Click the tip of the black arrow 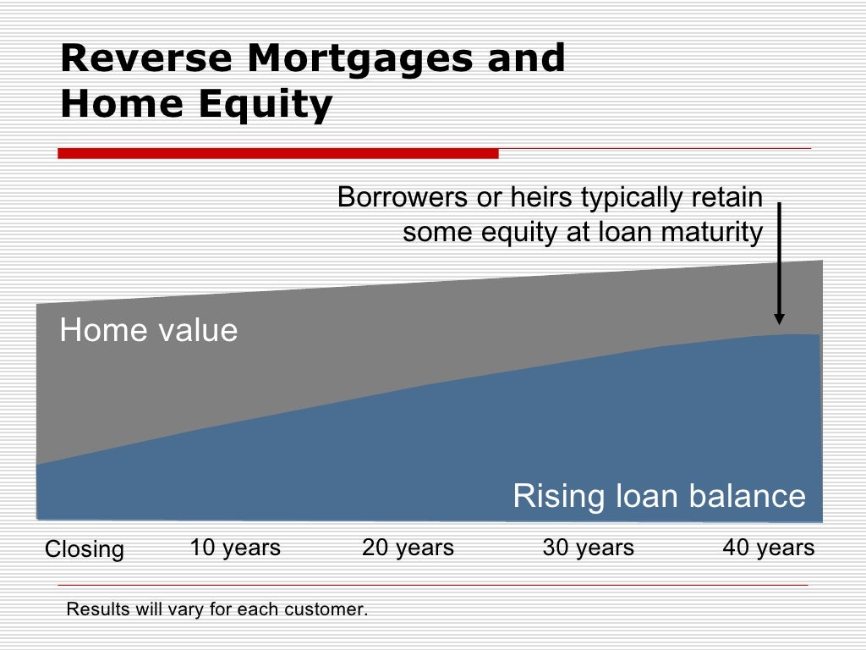point(779,322)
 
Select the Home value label point(149,330)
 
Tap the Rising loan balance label point(659,496)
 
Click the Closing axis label point(84,550)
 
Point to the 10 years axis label point(235,548)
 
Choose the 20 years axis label point(408,548)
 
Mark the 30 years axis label point(588,548)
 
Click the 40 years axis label point(768,548)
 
